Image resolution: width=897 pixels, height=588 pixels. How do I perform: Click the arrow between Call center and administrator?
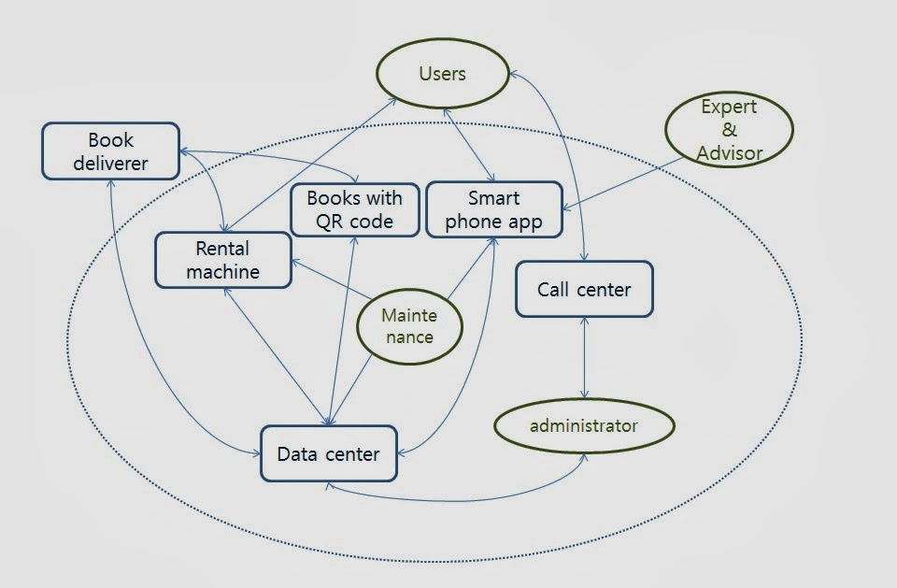(x=584, y=358)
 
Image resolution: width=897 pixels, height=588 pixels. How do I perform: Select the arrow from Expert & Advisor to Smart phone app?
(x=623, y=184)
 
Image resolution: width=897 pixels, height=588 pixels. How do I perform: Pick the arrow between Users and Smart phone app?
(x=469, y=146)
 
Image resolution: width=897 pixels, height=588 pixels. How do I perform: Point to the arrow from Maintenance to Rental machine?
(x=333, y=279)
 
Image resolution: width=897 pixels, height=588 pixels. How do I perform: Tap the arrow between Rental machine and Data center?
(x=277, y=356)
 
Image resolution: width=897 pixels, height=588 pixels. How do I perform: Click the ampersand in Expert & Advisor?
(x=730, y=129)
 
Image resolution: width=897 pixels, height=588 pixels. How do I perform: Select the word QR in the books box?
(x=329, y=222)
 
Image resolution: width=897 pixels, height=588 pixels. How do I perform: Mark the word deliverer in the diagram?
(x=111, y=164)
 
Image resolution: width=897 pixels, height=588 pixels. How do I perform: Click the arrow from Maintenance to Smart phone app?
(x=471, y=268)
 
